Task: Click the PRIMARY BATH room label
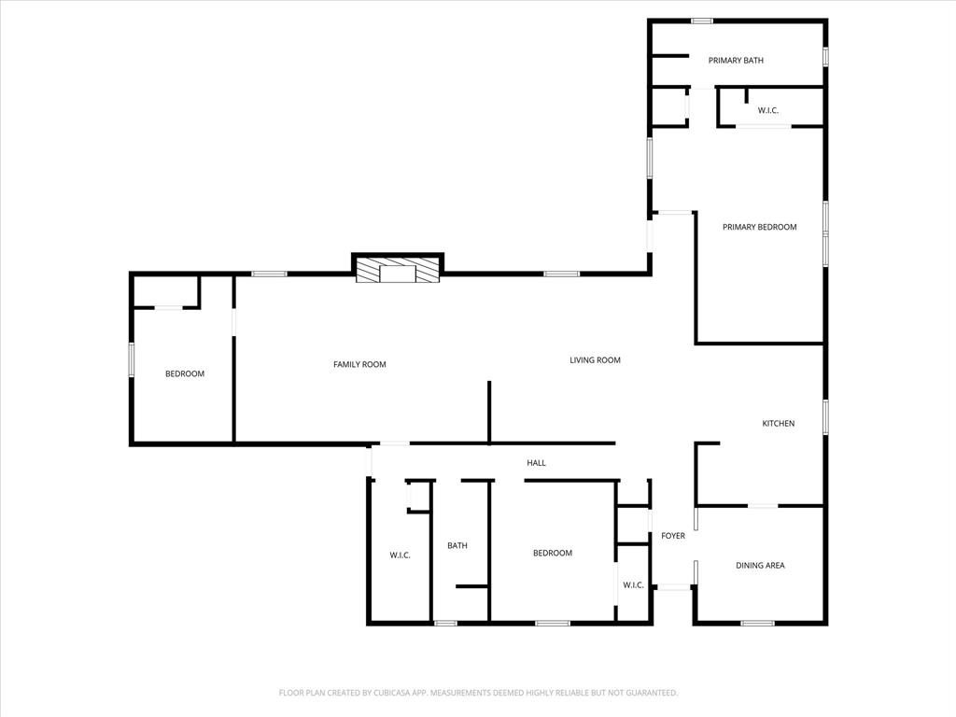pyautogui.click(x=736, y=61)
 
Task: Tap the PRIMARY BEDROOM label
pyautogui.click(x=759, y=227)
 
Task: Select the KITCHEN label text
pyautogui.click(x=778, y=424)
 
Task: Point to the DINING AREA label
pyautogui.click(x=759, y=566)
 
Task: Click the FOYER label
pyautogui.click(x=672, y=536)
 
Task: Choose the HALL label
pyautogui.click(x=536, y=463)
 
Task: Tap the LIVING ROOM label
pyautogui.click(x=595, y=360)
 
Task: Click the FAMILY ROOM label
pyautogui.click(x=359, y=365)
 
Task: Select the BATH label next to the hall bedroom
pyautogui.click(x=457, y=546)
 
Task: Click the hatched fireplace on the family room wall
pyautogui.click(x=397, y=271)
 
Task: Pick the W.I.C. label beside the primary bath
pyautogui.click(x=767, y=111)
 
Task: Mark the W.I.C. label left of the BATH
pyautogui.click(x=400, y=555)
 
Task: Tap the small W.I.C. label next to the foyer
pyautogui.click(x=632, y=585)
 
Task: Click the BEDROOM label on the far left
pyautogui.click(x=184, y=374)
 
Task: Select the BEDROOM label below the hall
pyautogui.click(x=552, y=554)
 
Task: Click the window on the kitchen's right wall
pyautogui.click(x=825, y=416)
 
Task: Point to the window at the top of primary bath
pyautogui.click(x=702, y=21)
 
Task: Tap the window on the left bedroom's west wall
pyautogui.click(x=132, y=359)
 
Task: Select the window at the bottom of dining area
pyautogui.click(x=757, y=623)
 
